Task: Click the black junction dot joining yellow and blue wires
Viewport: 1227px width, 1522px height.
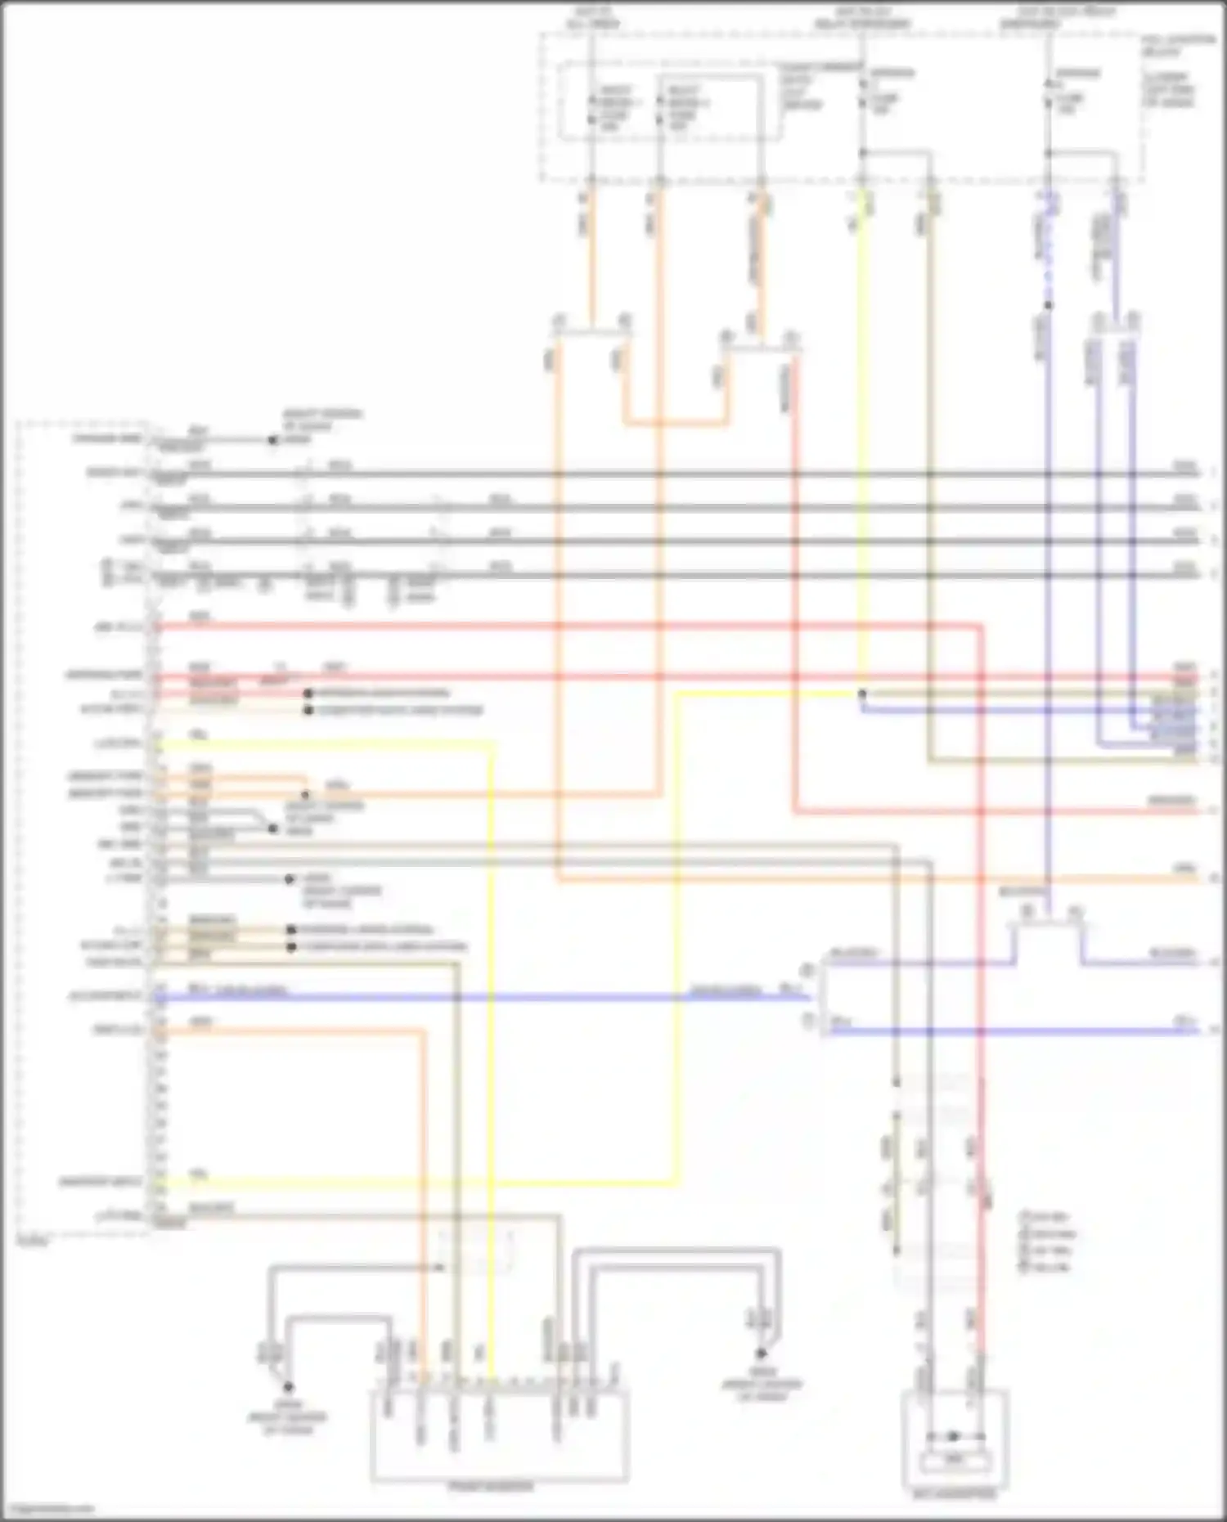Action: click(x=861, y=694)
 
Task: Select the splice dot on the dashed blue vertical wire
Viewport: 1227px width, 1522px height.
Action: click(x=1049, y=305)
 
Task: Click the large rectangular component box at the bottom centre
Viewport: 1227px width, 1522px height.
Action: click(x=499, y=1436)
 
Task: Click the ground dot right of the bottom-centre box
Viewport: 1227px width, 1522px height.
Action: click(x=761, y=1354)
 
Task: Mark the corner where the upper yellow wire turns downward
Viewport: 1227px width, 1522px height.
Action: click(x=493, y=744)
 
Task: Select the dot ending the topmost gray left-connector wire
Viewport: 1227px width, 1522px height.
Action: click(x=273, y=440)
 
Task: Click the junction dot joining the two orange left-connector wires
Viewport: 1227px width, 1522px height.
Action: click(x=305, y=794)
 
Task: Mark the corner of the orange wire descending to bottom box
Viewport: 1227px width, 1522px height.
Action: click(x=424, y=1032)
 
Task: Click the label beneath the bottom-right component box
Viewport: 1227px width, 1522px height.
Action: click(x=955, y=1494)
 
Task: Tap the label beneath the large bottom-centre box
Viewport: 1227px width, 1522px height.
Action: click(x=491, y=1486)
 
